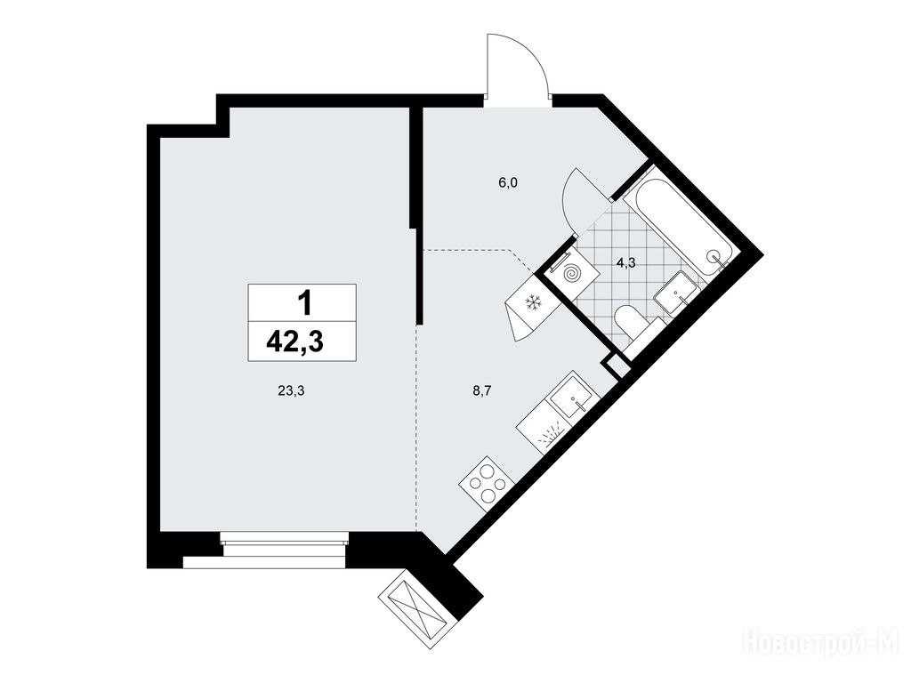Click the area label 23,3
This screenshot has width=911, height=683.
291,391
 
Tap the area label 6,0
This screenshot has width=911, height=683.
507,183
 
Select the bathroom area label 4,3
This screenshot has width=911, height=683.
625,263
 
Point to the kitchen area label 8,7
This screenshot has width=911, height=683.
482,391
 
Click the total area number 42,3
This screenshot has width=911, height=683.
294,341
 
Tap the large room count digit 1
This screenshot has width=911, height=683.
304,303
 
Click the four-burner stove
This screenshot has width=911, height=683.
487,479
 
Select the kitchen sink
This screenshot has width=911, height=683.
572,398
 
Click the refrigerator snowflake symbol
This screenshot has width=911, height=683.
534,302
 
